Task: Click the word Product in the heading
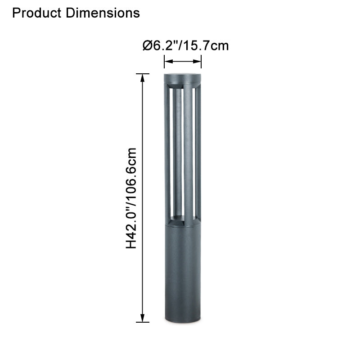click(x=37, y=13)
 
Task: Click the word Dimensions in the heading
click(x=103, y=13)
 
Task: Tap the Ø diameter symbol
click(x=147, y=45)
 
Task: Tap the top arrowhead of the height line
click(x=143, y=77)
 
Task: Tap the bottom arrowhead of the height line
click(x=143, y=318)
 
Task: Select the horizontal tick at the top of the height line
click(x=143, y=74)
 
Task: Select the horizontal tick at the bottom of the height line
click(x=143, y=322)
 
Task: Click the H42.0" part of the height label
click(x=131, y=225)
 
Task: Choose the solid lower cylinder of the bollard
click(x=182, y=270)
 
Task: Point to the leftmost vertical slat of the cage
click(x=167, y=153)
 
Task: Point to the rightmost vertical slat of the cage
click(x=198, y=153)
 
